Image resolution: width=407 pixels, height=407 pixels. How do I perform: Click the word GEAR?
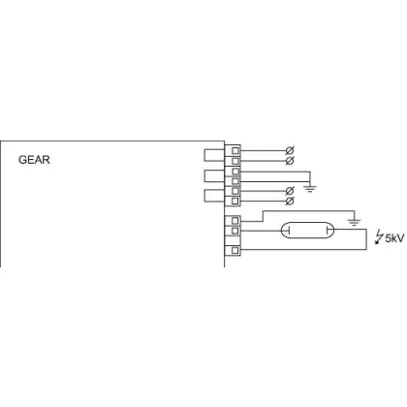click(34, 160)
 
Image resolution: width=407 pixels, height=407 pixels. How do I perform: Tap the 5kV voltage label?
click(394, 238)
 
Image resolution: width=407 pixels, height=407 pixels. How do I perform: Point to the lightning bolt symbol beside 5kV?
click(379, 237)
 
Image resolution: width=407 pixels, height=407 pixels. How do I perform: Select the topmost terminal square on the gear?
click(235, 150)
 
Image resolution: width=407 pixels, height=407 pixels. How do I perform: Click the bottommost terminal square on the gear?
click(235, 250)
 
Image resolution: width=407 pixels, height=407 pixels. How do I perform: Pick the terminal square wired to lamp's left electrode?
click(235, 231)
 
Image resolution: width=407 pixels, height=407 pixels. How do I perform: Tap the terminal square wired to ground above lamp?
click(235, 221)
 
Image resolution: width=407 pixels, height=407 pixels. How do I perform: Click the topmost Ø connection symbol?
click(290, 150)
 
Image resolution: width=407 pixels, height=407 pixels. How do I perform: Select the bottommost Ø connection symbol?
click(290, 201)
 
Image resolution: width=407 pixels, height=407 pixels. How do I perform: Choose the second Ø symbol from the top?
click(290, 160)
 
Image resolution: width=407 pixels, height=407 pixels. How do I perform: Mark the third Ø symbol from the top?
click(290, 191)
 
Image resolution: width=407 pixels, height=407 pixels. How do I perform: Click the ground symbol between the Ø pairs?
click(310, 189)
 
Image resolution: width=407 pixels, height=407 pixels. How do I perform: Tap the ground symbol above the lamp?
click(354, 222)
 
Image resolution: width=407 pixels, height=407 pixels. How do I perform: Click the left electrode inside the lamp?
click(289, 231)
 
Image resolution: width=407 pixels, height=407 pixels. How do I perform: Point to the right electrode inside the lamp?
click(327, 231)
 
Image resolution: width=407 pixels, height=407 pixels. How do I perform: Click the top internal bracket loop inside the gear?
click(204, 155)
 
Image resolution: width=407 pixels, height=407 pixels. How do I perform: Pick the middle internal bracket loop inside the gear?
click(204, 175)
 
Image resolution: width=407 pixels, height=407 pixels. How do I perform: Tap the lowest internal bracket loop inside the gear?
click(204, 196)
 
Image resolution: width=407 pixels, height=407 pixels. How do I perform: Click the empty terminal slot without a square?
click(233, 240)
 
